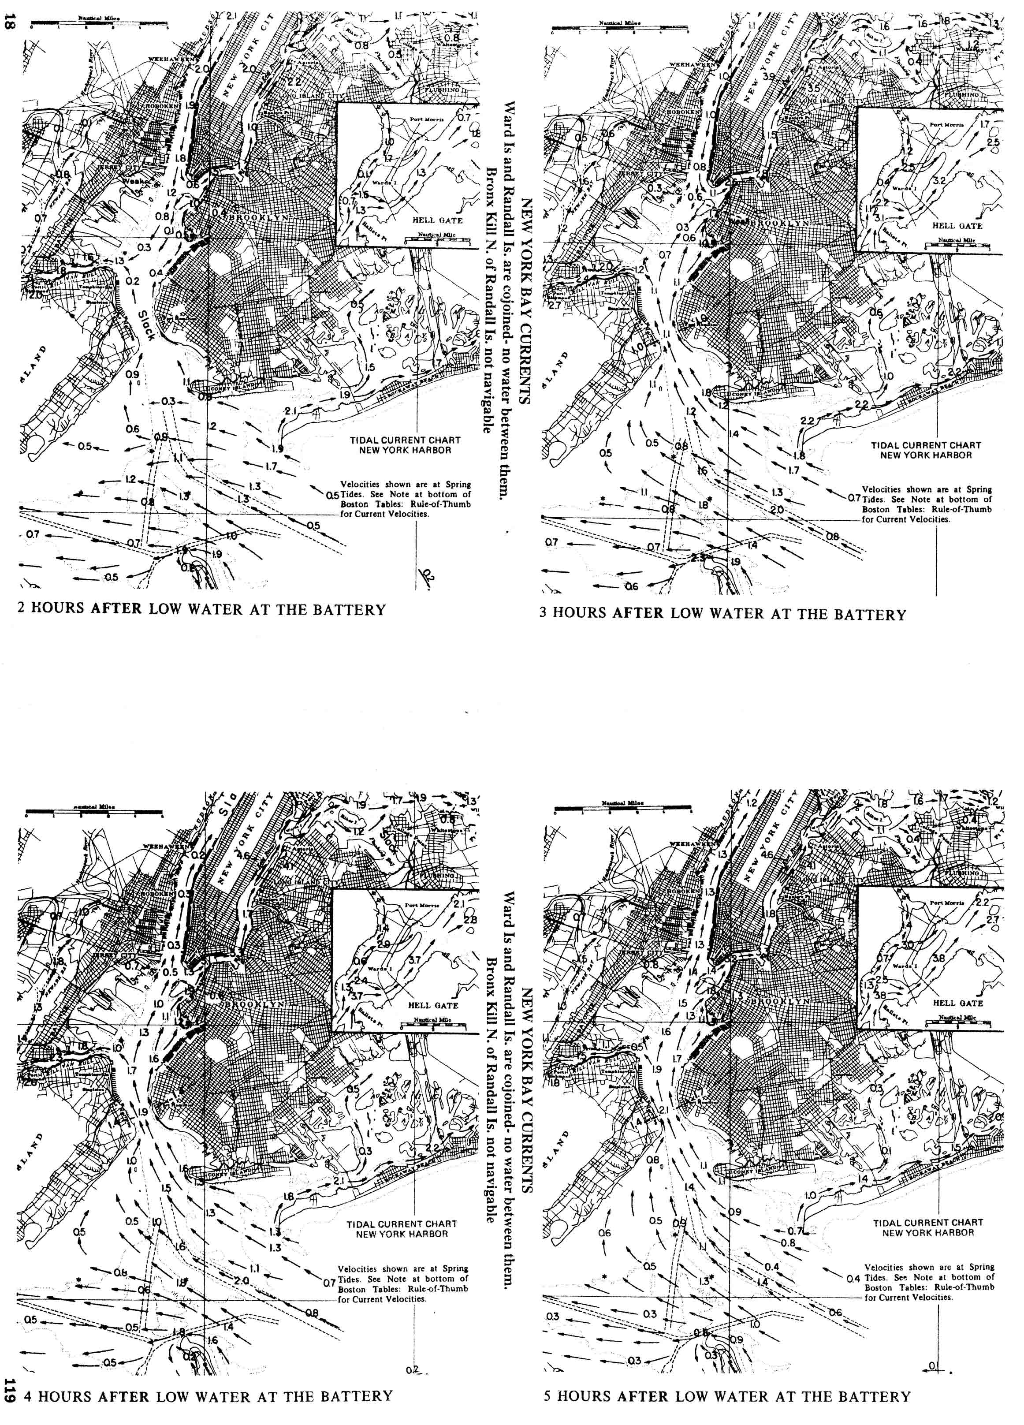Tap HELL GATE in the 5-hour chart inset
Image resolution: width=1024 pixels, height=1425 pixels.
tap(957, 1003)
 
